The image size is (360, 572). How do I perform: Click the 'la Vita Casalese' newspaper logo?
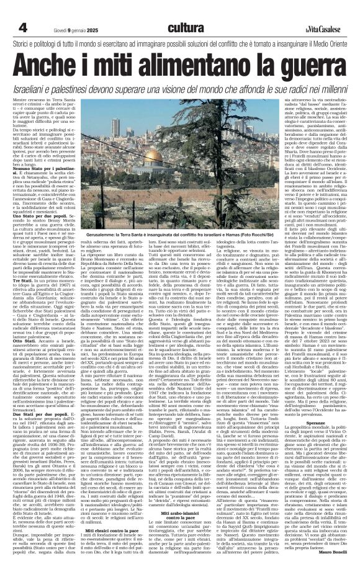pyautogui.click(x=322, y=30)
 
